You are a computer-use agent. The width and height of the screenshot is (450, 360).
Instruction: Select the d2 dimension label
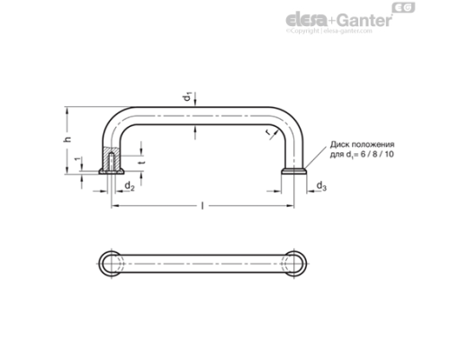[130, 185]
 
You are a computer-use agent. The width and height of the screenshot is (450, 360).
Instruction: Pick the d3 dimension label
[322, 185]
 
